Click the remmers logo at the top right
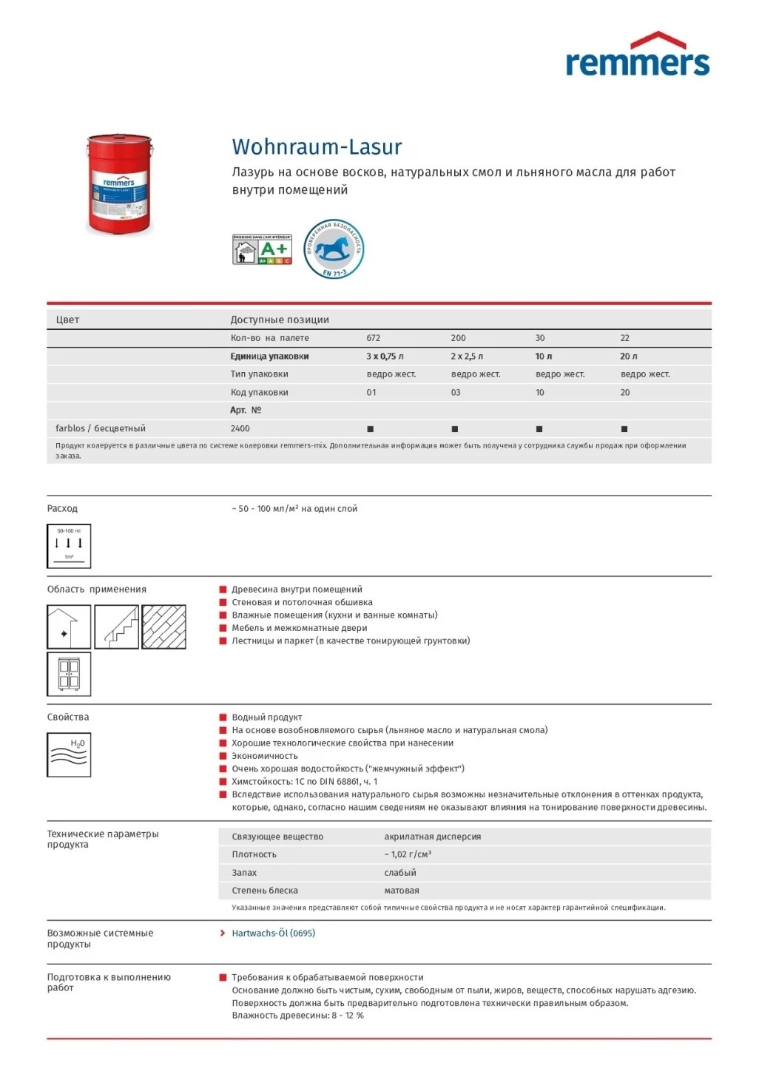pos(637,56)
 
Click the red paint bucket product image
pos(119,183)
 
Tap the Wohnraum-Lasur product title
pos(317,146)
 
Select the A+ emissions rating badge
pos(263,250)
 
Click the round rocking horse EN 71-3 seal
pos(334,249)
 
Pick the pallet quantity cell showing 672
pos(374,338)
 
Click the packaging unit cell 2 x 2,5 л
pos(467,357)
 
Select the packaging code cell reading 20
pos(625,393)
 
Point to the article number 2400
pos(240,429)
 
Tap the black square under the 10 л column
pos(539,429)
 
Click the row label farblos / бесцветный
pos(101,429)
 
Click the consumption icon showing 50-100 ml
pos(69,547)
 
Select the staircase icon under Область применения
pos(117,627)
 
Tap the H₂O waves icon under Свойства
pos(69,754)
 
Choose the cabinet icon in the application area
pos(69,675)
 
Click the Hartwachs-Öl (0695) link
pos(273,933)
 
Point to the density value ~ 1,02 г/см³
pos(408,855)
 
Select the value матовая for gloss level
pos(402,891)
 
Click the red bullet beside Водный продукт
pos(223,717)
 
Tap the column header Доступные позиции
pos(280,320)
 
